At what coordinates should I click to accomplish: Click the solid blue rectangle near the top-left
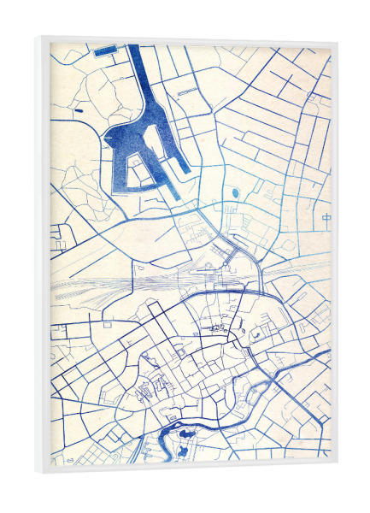[105, 51]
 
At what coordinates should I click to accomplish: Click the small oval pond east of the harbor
[235, 193]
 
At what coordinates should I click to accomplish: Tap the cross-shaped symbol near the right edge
[327, 219]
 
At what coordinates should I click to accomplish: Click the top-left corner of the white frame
[38, 37]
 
